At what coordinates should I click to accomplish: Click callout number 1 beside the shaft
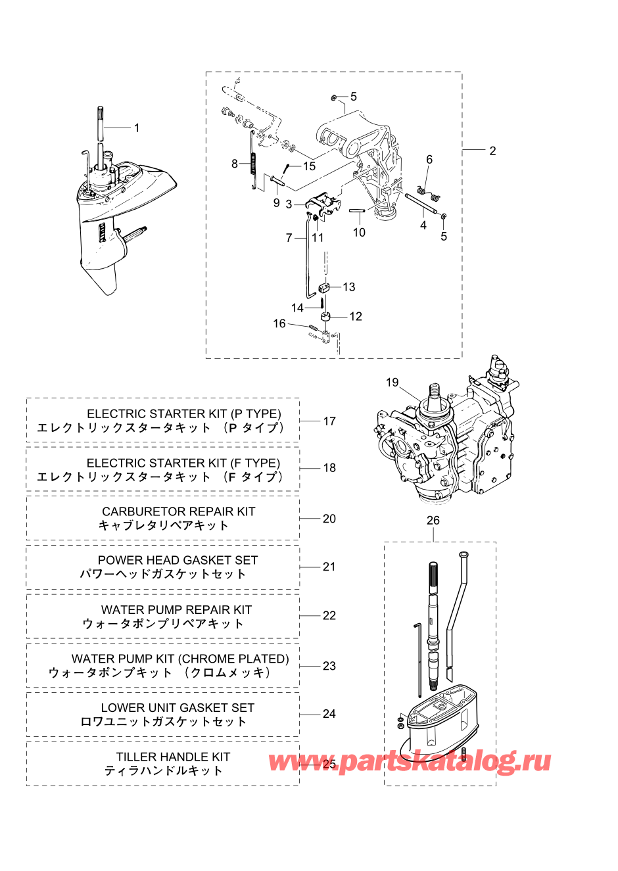[137, 128]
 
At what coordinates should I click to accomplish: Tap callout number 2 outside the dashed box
[492, 151]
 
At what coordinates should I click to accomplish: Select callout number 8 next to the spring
[234, 164]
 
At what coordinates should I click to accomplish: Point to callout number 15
[309, 166]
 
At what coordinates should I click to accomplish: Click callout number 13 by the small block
[349, 287]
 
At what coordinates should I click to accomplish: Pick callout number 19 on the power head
[392, 382]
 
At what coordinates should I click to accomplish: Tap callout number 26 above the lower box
[433, 520]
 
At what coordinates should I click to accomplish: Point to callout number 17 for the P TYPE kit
[329, 421]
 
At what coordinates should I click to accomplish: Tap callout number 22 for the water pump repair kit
[329, 615]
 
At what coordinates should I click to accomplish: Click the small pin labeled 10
[356, 211]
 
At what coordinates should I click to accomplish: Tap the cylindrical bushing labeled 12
[325, 316]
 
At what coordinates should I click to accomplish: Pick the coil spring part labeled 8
[253, 160]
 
